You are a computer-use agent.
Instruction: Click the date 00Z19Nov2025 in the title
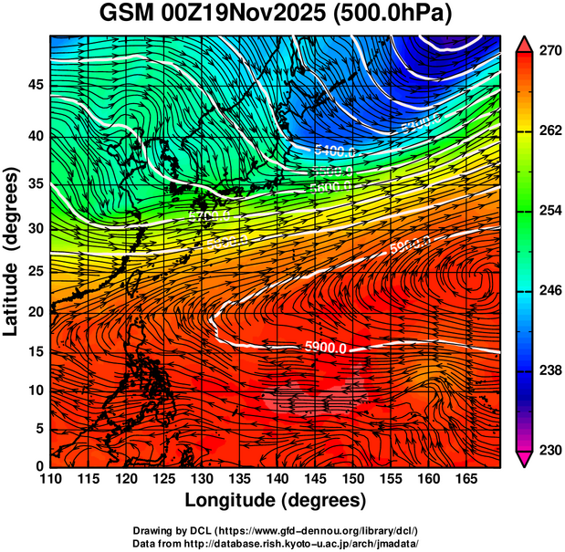pyautogui.click(x=259, y=15)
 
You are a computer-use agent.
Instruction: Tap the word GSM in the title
pyautogui.click(x=131, y=15)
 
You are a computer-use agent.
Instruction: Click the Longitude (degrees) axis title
pyautogui.click(x=276, y=500)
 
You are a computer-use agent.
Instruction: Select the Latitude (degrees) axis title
pyautogui.click(x=13, y=252)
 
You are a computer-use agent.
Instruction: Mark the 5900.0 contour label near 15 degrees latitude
pyautogui.click(x=325, y=348)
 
